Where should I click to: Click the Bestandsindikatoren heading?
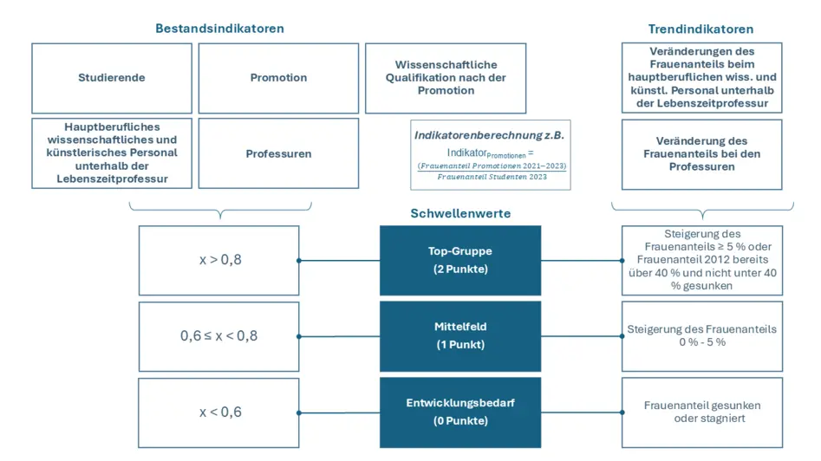pyautogui.click(x=219, y=29)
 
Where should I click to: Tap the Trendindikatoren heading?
pyautogui.click(x=700, y=29)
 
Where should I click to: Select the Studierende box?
pyautogui.click(x=112, y=78)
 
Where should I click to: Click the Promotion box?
pyautogui.click(x=278, y=78)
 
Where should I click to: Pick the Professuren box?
pyautogui.click(x=278, y=153)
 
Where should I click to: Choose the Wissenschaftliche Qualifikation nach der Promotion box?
pyautogui.click(x=446, y=78)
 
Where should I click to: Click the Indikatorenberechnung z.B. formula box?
pyautogui.click(x=491, y=155)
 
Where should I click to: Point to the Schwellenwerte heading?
pyautogui.click(x=460, y=213)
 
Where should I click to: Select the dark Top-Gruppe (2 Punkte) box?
pyautogui.click(x=460, y=260)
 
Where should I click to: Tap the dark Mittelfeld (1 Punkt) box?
pyautogui.click(x=460, y=335)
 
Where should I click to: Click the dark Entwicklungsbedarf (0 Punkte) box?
pyautogui.click(x=460, y=412)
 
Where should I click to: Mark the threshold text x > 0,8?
pyautogui.click(x=220, y=260)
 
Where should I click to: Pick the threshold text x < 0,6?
pyautogui.click(x=220, y=412)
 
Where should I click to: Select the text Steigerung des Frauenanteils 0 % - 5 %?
pyautogui.click(x=701, y=335)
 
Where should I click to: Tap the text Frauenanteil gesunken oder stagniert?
pyautogui.click(x=701, y=412)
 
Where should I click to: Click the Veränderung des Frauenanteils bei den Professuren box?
pyautogui.click(x=701, y=153)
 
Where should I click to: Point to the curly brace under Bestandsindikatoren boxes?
pyautogui.click(x=220, y=211)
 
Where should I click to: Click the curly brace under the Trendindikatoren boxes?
pyautogui.click(x=702, y=211)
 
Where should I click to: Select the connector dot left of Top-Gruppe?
pyautogui.click(x=298, y=260)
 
